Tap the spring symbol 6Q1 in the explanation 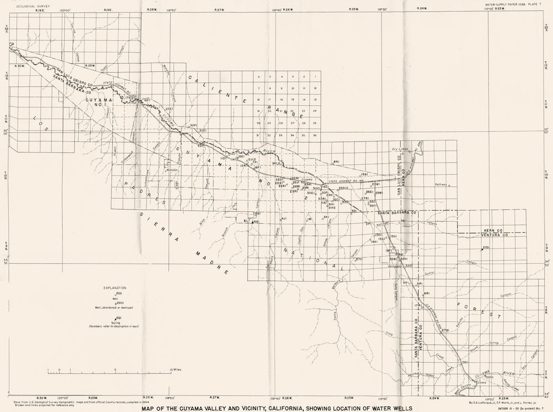[117, 319]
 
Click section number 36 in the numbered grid [314, 135]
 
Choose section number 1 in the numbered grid [314, 76]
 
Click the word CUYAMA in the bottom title [196, 409]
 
